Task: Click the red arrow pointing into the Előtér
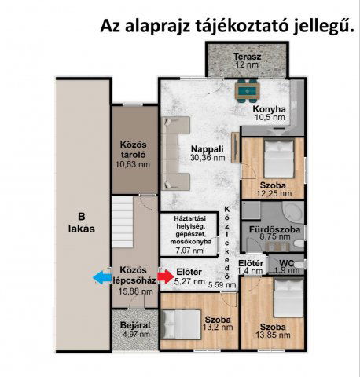tap(166, 276)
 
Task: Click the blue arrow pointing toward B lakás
tap(102, 277)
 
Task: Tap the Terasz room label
tap(248, 57)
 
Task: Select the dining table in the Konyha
tap(248, 91)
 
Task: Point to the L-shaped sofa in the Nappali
tap(175, 153)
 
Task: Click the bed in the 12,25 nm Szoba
tap(279, 159)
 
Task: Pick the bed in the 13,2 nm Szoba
tap(182, 324)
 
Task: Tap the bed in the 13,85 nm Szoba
tap(288, 298)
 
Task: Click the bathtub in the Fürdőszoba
tap(293, 212)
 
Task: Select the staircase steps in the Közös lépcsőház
tap(123, 222)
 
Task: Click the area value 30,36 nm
tap(208, 158)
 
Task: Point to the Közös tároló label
tap(134, 149)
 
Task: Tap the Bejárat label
tap(135, 325)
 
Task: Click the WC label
tap(287, 263)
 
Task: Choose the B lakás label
tap(82, 223)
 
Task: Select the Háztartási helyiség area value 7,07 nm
tap(189, 251)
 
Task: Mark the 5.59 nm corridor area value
tap(222, 285)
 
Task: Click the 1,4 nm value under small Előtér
tap(250, 271)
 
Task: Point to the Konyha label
tap(270, 109)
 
